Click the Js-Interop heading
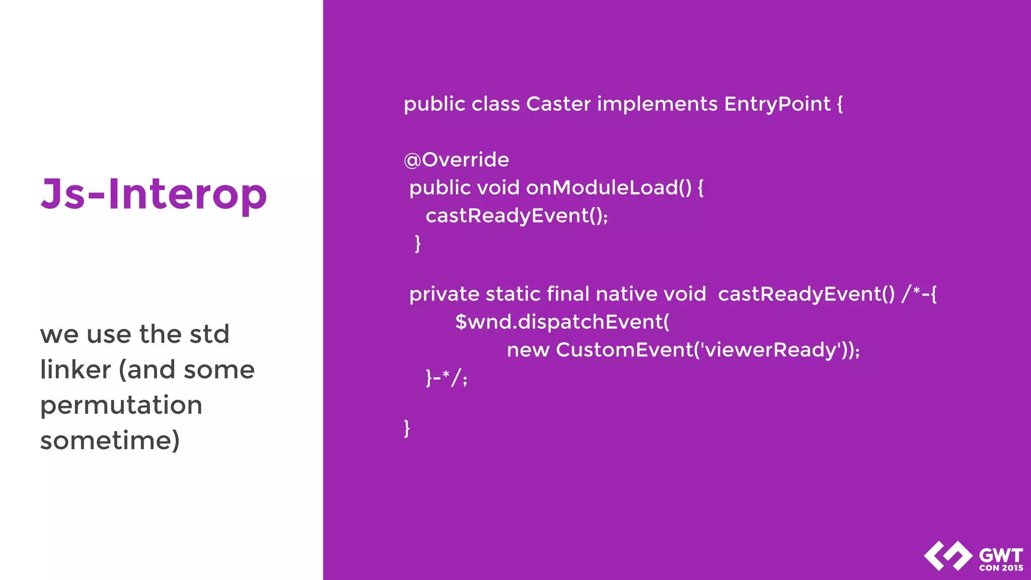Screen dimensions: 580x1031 tap(154, 195)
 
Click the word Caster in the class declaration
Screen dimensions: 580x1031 tap(558, 104)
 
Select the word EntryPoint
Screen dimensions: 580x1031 tap(777, 104)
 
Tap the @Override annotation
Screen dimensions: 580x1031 tap(456, 160)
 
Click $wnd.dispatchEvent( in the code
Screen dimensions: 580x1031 tap(562, 322)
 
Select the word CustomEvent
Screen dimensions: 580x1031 tap(624, 350)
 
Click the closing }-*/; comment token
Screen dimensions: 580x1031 tap(447, 378)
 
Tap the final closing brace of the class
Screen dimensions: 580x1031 tap(407, 428)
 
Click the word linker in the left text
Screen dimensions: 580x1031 tap(76, 370)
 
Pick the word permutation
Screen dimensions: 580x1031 tap(121, 405)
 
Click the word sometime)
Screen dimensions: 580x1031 tap(110, 441)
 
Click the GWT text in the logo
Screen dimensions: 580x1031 tap(1001, 556)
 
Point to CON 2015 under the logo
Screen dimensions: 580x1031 tap(1001, 568)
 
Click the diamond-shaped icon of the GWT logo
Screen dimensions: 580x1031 tap(948, 556)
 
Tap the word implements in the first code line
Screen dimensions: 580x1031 tap(657, 104)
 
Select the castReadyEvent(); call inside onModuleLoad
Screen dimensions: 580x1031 tap(517, 216)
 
